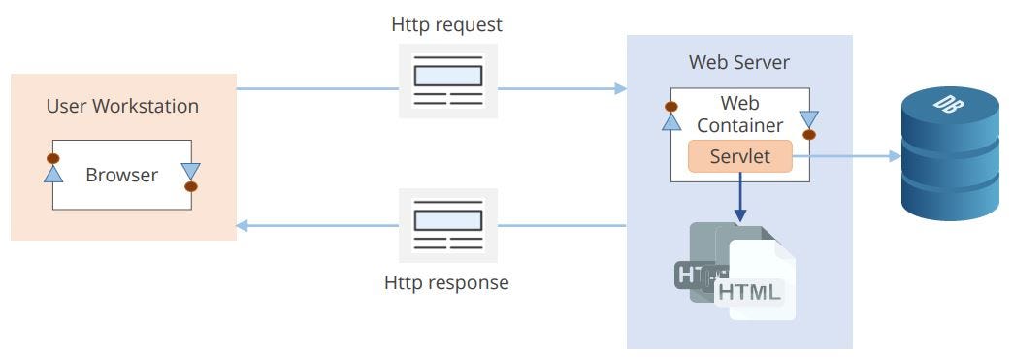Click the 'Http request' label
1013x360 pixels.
pos(447,25)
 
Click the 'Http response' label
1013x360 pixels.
pos(446,283)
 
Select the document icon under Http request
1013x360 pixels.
pos(448,82)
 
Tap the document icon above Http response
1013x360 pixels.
pos(448,224)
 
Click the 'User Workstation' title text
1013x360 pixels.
pos(122,106)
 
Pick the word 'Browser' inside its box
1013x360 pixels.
pos(121,176)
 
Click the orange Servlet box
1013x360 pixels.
pos(740,156)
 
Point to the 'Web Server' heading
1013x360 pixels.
pos(739,62)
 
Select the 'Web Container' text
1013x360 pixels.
pos(739,114)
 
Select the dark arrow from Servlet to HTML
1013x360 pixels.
pos(740,198)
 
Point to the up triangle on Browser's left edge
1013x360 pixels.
pos(53,173)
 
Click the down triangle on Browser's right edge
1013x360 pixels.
pos(190,171)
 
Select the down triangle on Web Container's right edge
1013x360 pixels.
pos(808,119)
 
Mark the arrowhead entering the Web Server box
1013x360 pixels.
pos(620,88)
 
